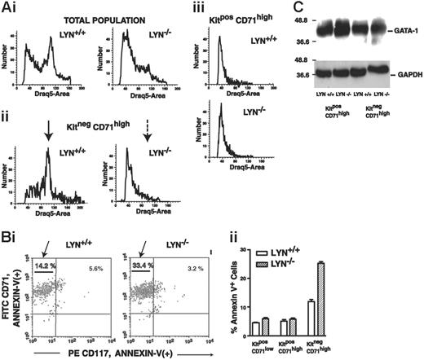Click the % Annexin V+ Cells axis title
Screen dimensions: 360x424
pos(285,284)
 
